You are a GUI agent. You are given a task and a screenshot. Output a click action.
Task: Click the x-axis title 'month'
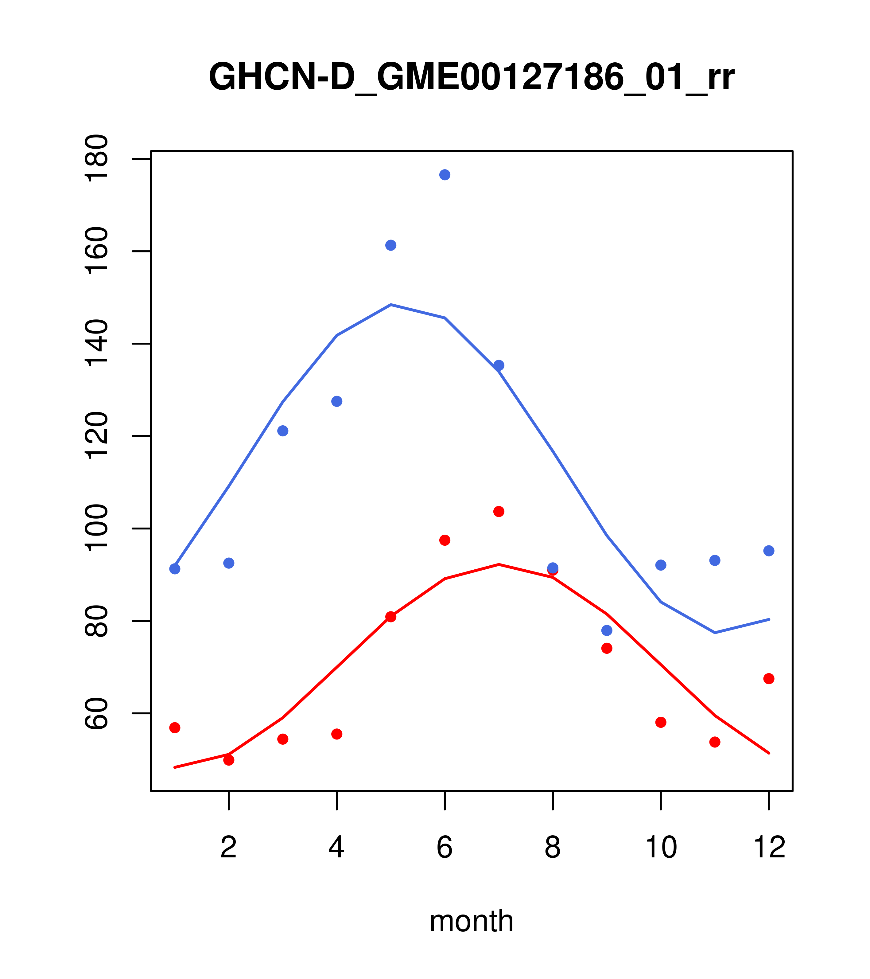tap(471, 921)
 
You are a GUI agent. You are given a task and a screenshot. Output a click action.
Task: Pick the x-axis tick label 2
tap(229, 847)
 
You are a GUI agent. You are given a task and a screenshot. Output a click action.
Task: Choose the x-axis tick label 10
tap(661, 847)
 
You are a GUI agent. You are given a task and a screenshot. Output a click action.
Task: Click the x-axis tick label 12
tap(769, 847)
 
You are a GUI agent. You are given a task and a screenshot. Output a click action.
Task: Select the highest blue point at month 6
tap(445, 175)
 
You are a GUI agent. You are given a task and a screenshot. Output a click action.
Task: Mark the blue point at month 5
tap(391, 245)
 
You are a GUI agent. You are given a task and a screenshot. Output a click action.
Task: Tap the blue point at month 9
tap(607, 630)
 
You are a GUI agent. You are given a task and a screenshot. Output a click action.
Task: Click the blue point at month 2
tap(229, 563)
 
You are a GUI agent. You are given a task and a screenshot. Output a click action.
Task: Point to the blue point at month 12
tap(769, 551)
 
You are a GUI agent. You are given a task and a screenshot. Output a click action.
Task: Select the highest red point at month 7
tap(499, 512)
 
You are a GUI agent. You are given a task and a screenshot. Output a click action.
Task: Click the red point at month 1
tap(175, 727)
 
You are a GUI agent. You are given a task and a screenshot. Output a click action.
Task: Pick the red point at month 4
tap(337, 734)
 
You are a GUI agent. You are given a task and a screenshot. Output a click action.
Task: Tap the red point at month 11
tap(715, 742)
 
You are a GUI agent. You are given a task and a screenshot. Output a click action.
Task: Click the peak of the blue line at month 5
tap(391, 305)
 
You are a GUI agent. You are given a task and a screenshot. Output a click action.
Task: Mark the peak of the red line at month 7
tap(499, 564)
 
